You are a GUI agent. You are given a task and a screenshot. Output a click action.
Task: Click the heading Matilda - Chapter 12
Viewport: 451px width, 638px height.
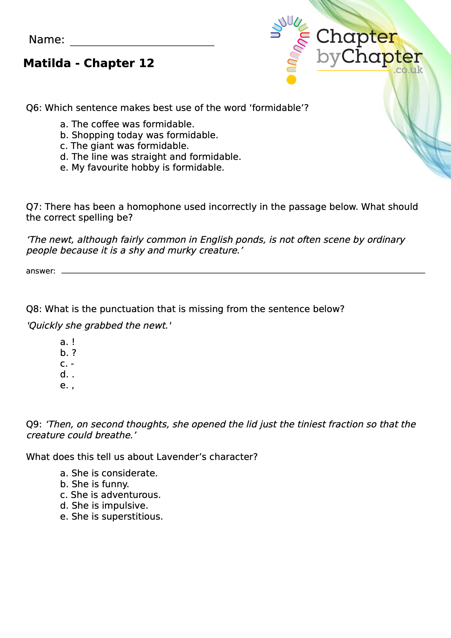(x=89, y=63)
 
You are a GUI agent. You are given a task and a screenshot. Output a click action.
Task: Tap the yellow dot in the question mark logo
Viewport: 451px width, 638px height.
(x=291, y=80)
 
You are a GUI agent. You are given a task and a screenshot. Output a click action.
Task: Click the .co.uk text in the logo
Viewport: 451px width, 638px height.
(x=408, y=70)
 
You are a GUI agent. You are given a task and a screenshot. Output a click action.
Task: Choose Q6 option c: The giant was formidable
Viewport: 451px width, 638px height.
(x=124, y=146)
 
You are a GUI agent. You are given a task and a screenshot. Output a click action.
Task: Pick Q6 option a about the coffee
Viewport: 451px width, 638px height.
(x=127, y=124)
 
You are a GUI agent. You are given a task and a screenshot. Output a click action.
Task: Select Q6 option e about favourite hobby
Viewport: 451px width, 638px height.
(x=142, y=167)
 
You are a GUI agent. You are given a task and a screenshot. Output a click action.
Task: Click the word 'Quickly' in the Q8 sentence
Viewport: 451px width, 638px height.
(x=46, y=325)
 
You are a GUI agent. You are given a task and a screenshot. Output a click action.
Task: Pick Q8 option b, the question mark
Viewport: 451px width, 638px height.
(x=68, y=353)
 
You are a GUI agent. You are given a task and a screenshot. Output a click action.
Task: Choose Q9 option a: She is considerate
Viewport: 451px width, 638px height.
(x=109, y=473)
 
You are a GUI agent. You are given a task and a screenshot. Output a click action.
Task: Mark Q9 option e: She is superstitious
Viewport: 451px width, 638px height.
(x=111, y=517)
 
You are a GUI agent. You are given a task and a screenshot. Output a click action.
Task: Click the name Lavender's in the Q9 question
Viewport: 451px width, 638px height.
(x=181, y=457)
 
